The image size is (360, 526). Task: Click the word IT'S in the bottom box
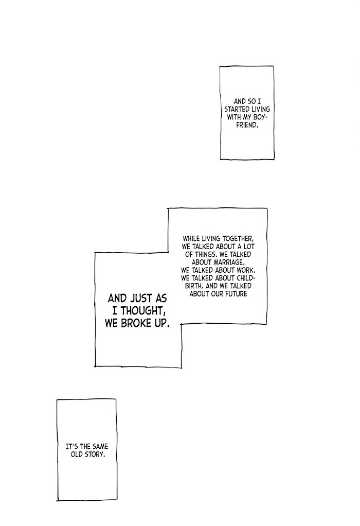click(x=75, y=447)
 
